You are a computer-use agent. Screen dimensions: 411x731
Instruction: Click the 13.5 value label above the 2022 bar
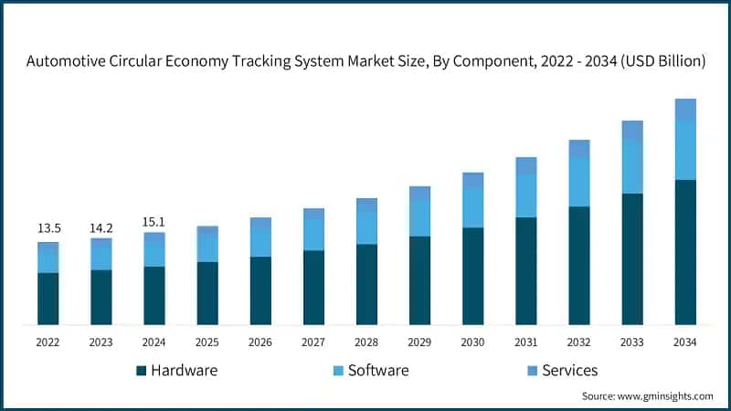48,228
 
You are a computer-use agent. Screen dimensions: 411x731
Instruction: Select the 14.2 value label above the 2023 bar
101,227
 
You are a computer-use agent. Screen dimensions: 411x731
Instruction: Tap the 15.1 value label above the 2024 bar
154,221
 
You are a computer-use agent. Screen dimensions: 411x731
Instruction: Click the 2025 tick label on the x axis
207,342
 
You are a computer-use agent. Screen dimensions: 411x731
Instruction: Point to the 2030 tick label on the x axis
472,342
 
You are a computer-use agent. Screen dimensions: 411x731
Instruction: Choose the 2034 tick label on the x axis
684,342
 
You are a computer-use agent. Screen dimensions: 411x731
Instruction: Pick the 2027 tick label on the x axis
313,342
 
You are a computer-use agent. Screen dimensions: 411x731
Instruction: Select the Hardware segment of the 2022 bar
48,299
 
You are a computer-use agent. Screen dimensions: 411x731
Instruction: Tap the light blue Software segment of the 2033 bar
632,167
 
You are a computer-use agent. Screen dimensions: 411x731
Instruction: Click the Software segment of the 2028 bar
366,227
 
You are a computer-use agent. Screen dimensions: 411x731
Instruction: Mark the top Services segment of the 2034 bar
685,109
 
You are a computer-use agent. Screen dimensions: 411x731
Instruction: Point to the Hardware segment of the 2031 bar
526,270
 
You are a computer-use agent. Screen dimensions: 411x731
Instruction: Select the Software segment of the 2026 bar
260,243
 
